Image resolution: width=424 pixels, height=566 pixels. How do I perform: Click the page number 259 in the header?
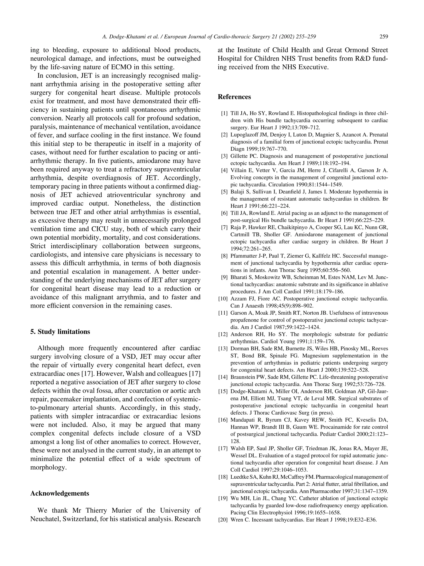pyautogui.click(x=384, y=37)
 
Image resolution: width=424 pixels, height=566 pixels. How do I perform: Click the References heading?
pyautogui.click(x=234, y=97)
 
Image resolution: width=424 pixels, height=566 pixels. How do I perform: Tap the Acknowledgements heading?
pyautogui.click(x=60, y=493)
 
